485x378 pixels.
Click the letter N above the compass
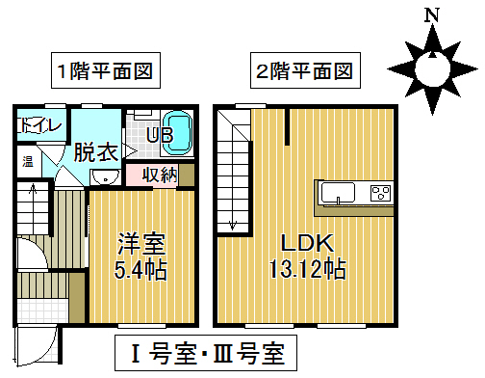tap(433, 15)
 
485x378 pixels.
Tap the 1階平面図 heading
tap(105, 70)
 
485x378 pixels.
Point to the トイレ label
tap(38, 125)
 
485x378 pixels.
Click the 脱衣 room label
tap(94, 151)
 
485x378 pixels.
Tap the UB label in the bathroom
tap(159, 135)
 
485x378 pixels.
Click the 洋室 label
tap(141, 240)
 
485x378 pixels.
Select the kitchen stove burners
tap(379, 193)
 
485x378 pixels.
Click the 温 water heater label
tap(29, 161)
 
